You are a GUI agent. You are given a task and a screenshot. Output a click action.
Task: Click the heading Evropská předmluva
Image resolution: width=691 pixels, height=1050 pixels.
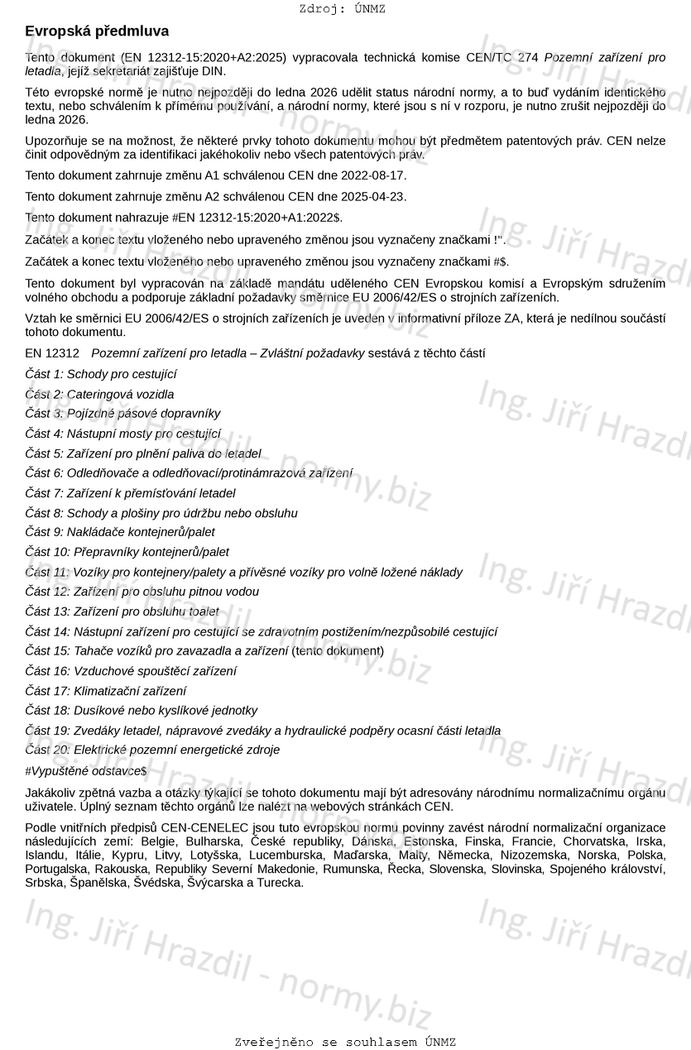(x=97, y=31)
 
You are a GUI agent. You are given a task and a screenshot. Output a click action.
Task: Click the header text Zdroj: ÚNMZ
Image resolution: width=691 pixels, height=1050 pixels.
(x=342, y=9)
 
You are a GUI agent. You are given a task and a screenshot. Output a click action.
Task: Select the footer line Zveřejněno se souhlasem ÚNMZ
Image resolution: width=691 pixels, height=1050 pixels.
(x=345, y=1042)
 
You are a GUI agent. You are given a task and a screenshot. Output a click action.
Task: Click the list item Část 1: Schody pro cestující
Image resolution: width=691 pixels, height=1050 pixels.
(x=101, y=374)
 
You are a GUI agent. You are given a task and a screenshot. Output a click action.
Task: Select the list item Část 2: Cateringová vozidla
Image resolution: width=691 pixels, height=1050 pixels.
(x=99, y=395)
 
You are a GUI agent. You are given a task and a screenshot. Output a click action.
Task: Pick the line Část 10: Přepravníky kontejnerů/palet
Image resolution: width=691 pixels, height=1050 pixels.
(x=127, y=552)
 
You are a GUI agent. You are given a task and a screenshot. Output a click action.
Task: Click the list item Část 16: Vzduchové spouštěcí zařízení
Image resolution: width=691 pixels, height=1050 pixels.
(x=130, y=671)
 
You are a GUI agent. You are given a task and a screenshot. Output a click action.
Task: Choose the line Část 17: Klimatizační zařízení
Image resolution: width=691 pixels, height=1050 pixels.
(x=105, y=691)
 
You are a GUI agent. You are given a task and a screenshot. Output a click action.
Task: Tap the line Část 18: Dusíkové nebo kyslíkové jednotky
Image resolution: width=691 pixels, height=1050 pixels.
(x=141, y=711)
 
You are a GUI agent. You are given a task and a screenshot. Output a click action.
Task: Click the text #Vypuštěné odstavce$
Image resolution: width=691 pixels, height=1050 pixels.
(x=86, y=770)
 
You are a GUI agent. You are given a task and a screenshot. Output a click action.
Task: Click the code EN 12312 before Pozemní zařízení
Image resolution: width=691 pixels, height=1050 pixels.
(x=52, y=353)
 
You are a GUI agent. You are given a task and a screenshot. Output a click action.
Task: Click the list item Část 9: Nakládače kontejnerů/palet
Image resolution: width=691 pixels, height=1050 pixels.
(x=120, y=532)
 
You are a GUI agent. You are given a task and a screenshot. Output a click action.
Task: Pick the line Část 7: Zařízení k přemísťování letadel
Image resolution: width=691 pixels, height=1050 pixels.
(x=130, y=493)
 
